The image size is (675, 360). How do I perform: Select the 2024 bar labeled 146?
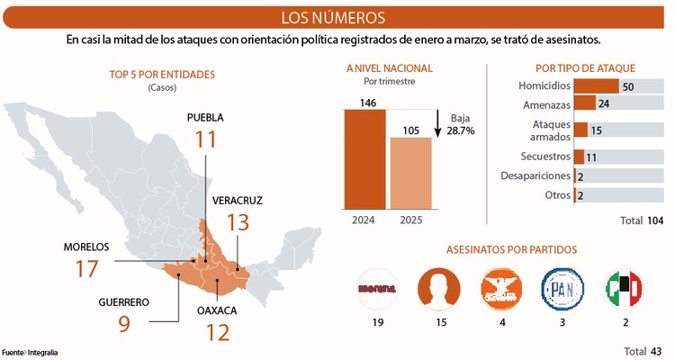point(364,158)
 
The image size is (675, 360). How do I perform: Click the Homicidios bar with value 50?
point(596,86)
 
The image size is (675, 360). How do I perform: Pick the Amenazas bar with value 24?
point(585,103)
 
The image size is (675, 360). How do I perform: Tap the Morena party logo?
point(378,289)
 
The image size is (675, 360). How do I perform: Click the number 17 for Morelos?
point(86,268)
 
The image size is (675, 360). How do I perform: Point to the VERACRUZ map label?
point(238,200)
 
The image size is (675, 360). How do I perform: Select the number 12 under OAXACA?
point(217,331)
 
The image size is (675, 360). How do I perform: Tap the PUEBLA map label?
point(205,118)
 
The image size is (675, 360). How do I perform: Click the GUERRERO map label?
point(124,301)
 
